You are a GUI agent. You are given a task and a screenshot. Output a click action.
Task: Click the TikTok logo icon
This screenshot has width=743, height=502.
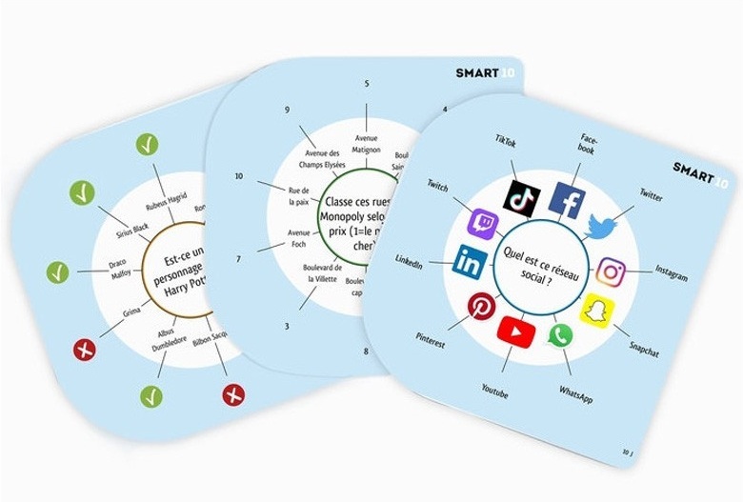click(x=521, y=198)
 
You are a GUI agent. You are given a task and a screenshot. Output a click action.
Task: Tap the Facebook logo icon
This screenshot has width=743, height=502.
click(x=570, y=201)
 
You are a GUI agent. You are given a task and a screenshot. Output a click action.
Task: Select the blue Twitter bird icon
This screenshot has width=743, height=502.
click(x=601, y=227)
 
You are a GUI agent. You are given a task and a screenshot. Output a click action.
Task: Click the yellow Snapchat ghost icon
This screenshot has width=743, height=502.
click(x=597, y=311)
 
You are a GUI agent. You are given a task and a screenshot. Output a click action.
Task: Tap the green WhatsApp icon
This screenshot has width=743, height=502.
click(x=559, y=335)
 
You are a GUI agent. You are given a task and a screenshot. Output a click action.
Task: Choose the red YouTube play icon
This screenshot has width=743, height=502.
click(x=515, y=331)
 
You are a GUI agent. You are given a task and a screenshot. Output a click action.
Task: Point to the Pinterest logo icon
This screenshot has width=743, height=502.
click(x=479, y=307)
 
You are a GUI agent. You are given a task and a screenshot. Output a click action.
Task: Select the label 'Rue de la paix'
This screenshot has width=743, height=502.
click(x=300, y=197)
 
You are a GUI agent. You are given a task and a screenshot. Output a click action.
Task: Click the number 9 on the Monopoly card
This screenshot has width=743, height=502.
click(x=286, y=110)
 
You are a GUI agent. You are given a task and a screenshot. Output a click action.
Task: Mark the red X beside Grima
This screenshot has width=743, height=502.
click(x=84, y=351)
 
